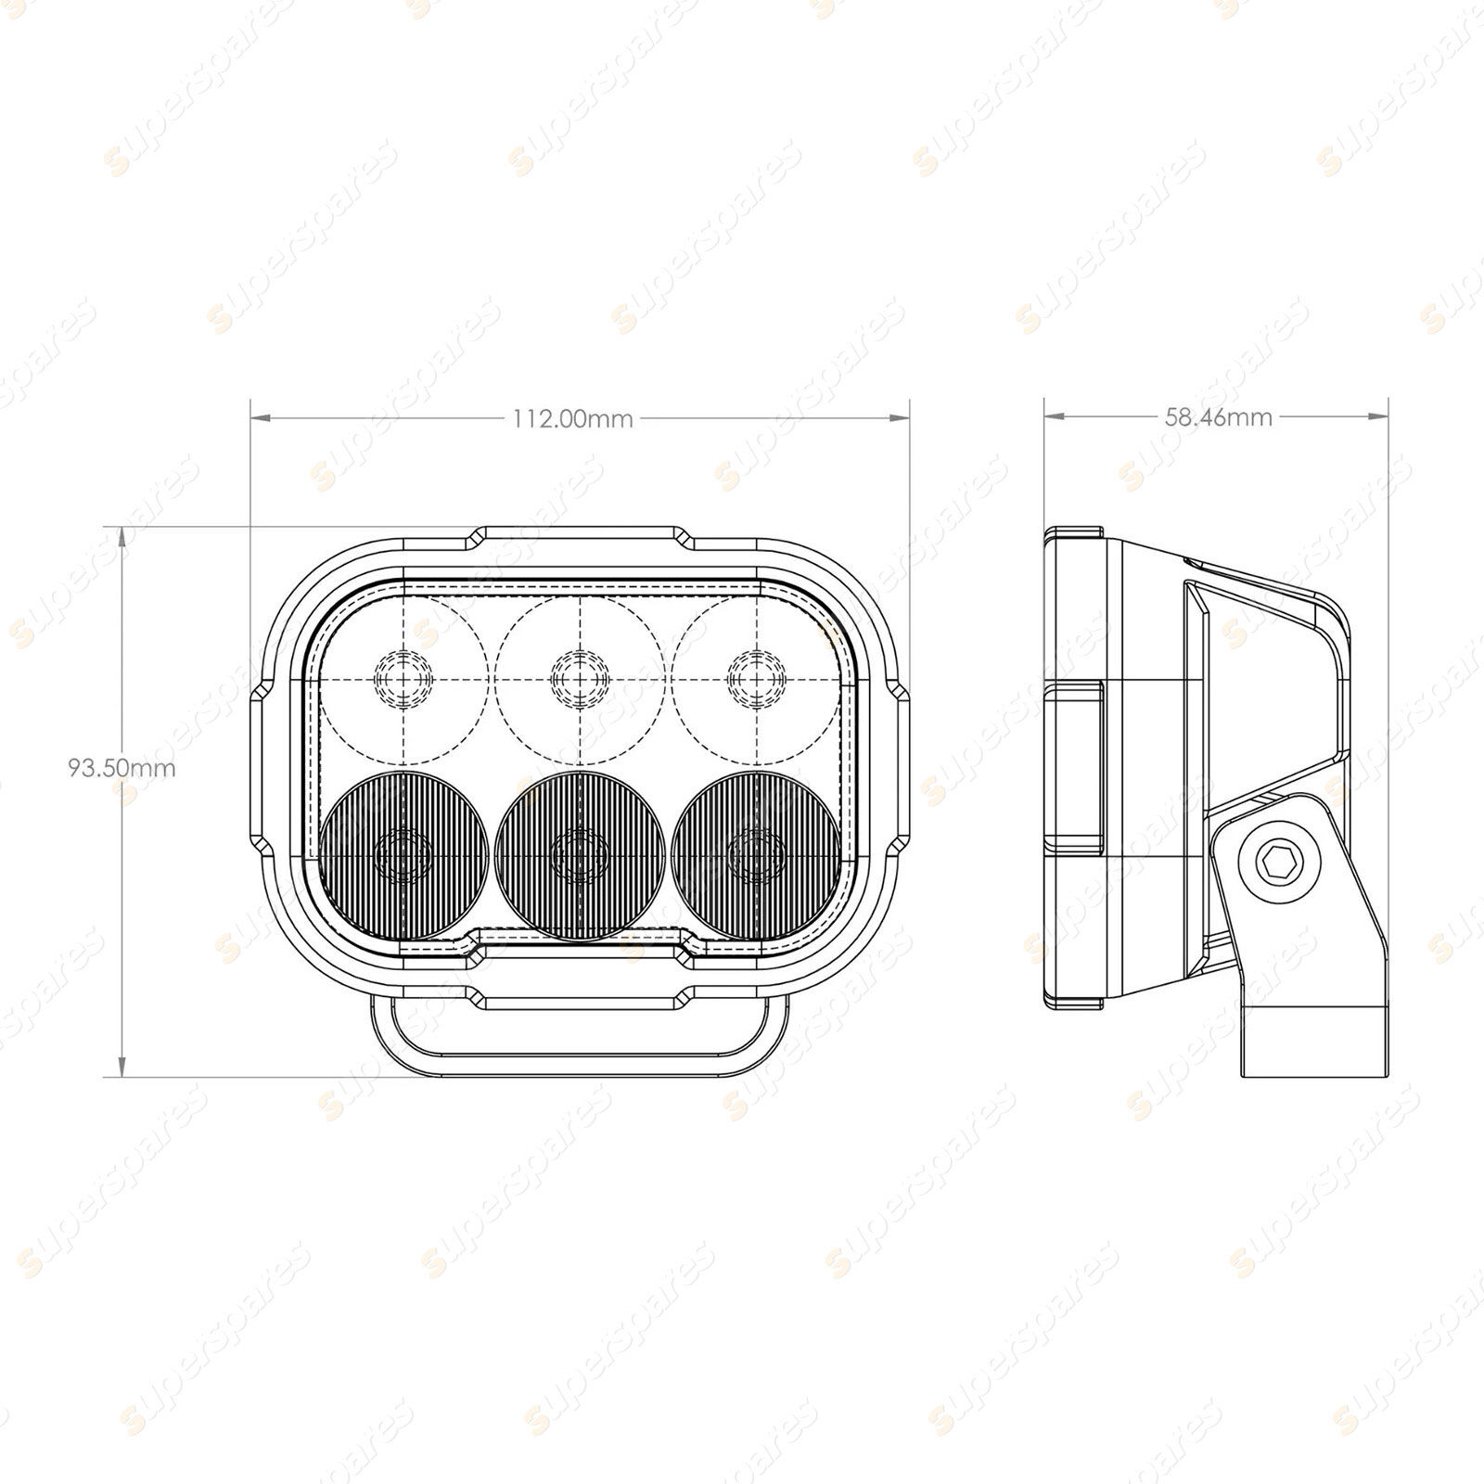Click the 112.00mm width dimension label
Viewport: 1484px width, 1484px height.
572,419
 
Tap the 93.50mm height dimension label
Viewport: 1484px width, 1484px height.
122,768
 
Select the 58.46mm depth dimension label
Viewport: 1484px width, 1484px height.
1218,417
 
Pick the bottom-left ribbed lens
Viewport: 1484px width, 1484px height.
403,854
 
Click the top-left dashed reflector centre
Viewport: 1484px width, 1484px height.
403,679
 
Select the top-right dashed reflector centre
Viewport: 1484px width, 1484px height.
758,679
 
